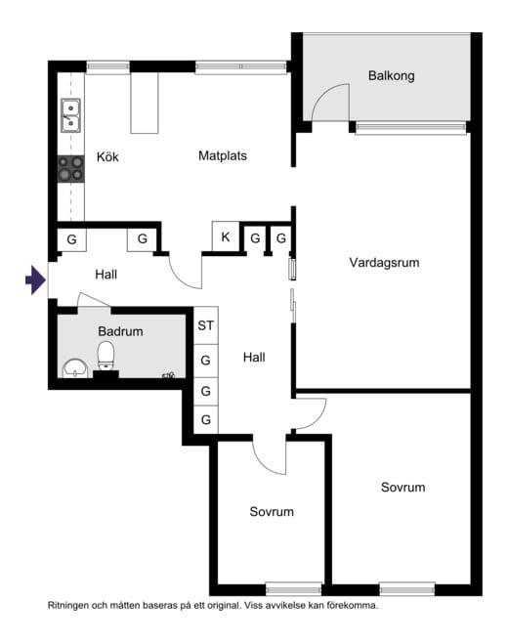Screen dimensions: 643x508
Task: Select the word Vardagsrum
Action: pyautogui.click(x=390, y=262)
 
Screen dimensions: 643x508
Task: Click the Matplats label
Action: pyautogui.click(x=222, y=155)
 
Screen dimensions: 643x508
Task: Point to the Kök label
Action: pyautogui.click(x=107, y=157)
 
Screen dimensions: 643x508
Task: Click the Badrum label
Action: pyautogui.click(x=120, y=331)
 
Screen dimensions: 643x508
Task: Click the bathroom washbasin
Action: pyautogui.click(x=74, y=368)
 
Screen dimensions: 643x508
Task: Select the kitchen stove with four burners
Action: pyautogui.click(x=70, y=169)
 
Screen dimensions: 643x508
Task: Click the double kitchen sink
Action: pyautogui.click(x=70, y=115)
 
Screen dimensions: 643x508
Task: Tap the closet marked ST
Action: pyautogui.click(x=205, y=326)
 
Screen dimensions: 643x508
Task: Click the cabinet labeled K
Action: pyautogui.click(x=226, y=237)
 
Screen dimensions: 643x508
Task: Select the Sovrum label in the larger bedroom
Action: pyautogui.click(x=402, y=487)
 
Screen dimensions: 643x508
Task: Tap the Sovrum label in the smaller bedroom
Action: pyautogui.click(x=271, y=511)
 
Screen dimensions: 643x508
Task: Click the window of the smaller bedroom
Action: pyautogui.click(x=293, y=588)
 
